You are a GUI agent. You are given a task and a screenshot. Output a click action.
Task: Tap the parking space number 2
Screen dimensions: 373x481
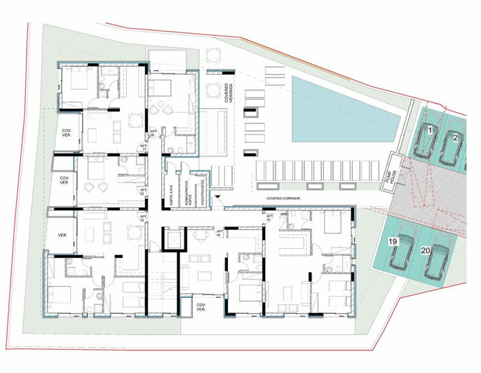click(x=454, y=137)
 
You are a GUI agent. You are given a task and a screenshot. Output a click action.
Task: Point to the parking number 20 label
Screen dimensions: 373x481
click(x=425, y=249)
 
